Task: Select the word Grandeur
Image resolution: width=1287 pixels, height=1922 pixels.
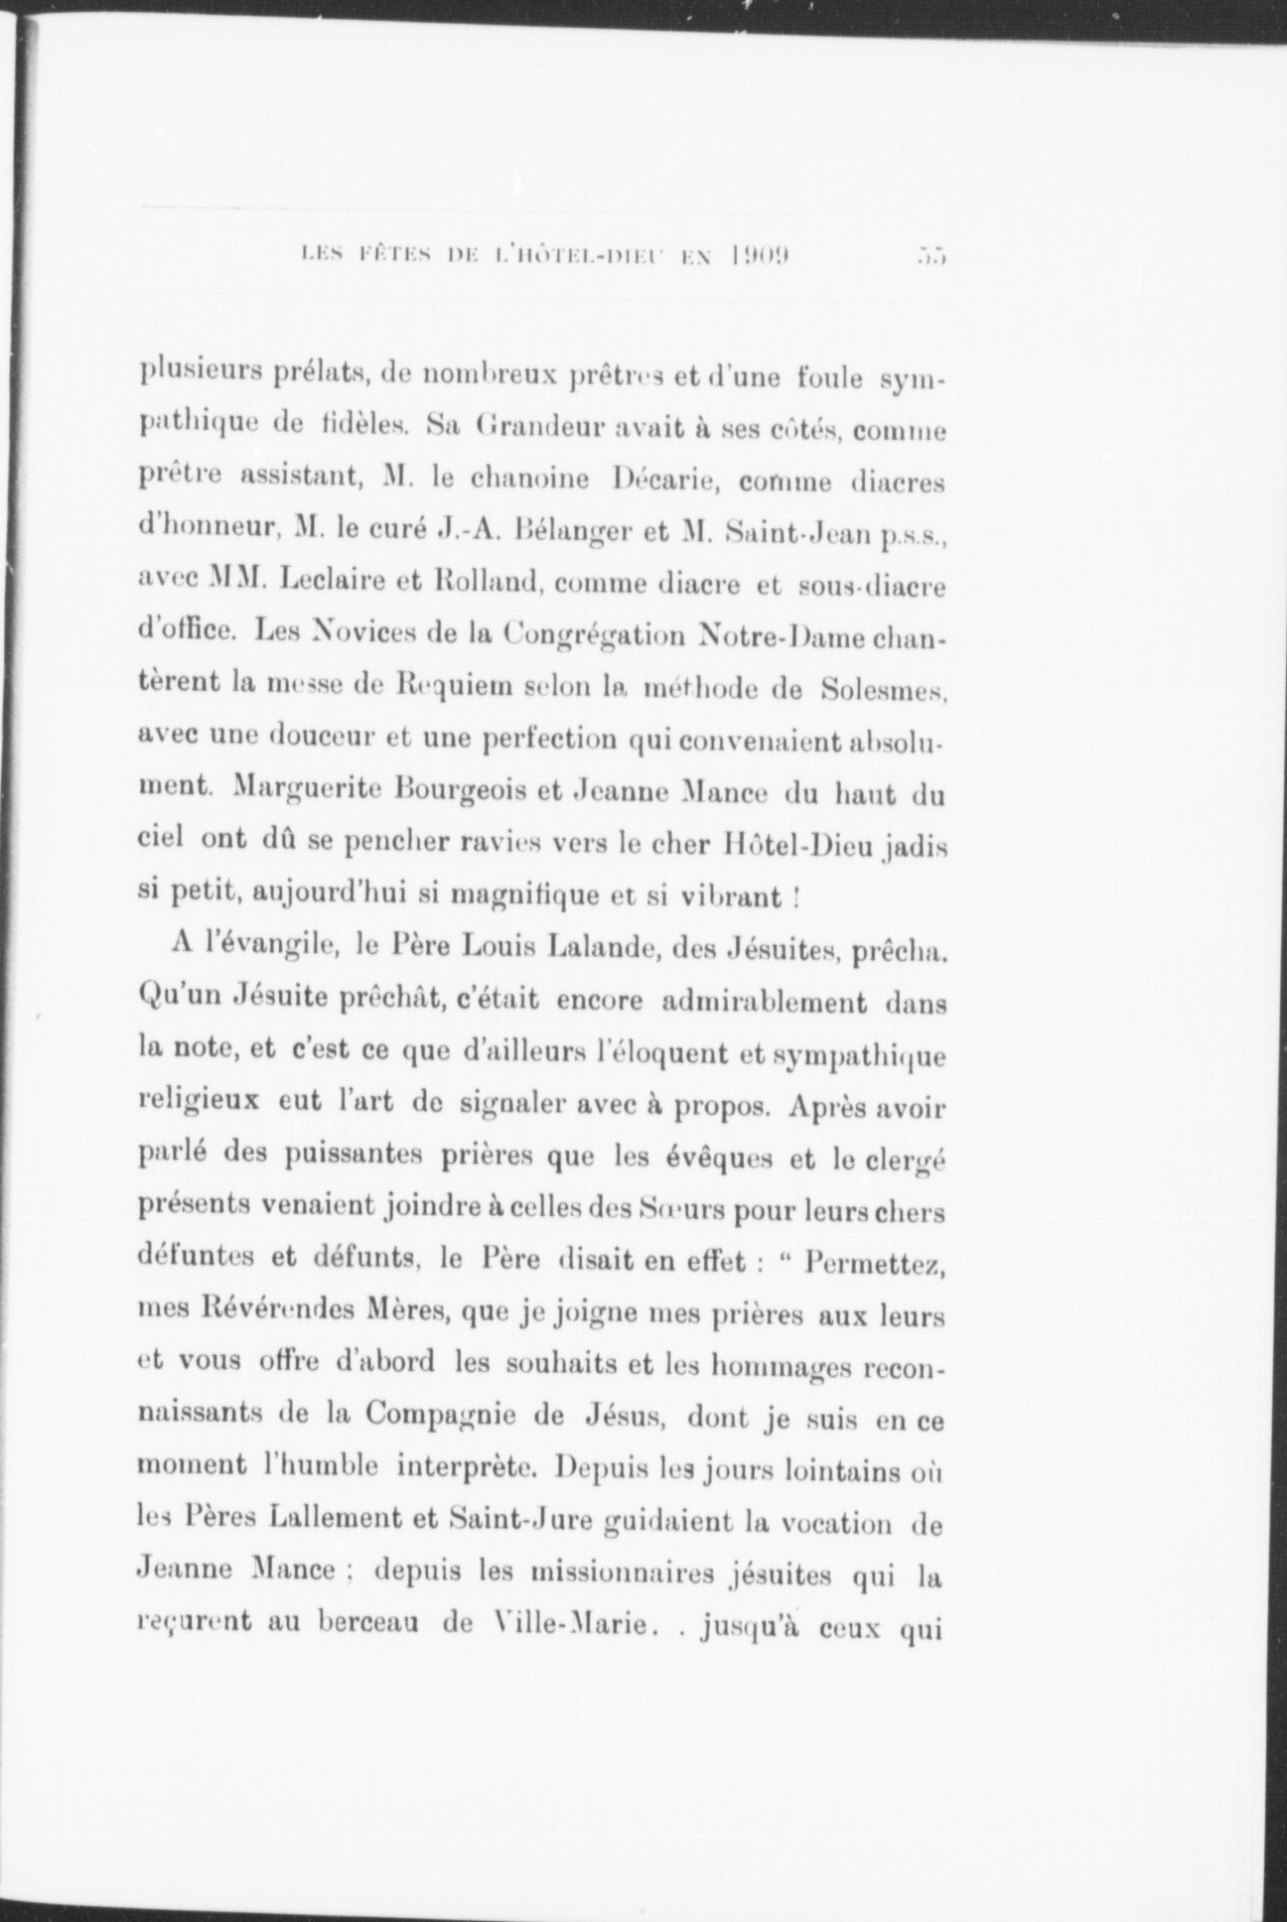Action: pyautogui.click(x=533, y=428)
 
